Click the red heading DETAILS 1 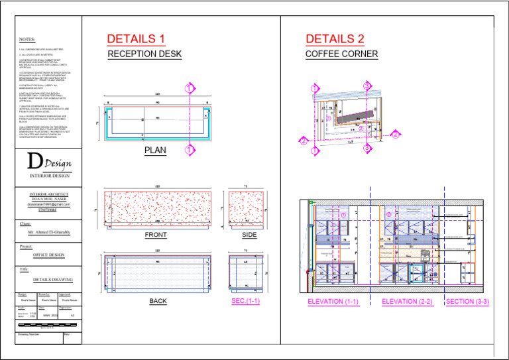click(136, 39)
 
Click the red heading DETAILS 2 click(335, 39)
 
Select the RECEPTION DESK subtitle click(145, 54)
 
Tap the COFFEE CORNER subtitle click(341, 54)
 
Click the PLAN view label click(155, 150)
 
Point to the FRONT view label click(156, 235)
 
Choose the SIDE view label click(249, 235)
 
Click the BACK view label click(158, 301)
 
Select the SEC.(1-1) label click(246, 301)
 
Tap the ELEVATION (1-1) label click(333, 302)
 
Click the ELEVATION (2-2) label click(407, 302)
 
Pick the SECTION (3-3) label click(467, 302)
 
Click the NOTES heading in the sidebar click(27, 39)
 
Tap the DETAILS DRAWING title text click(49, 280)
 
